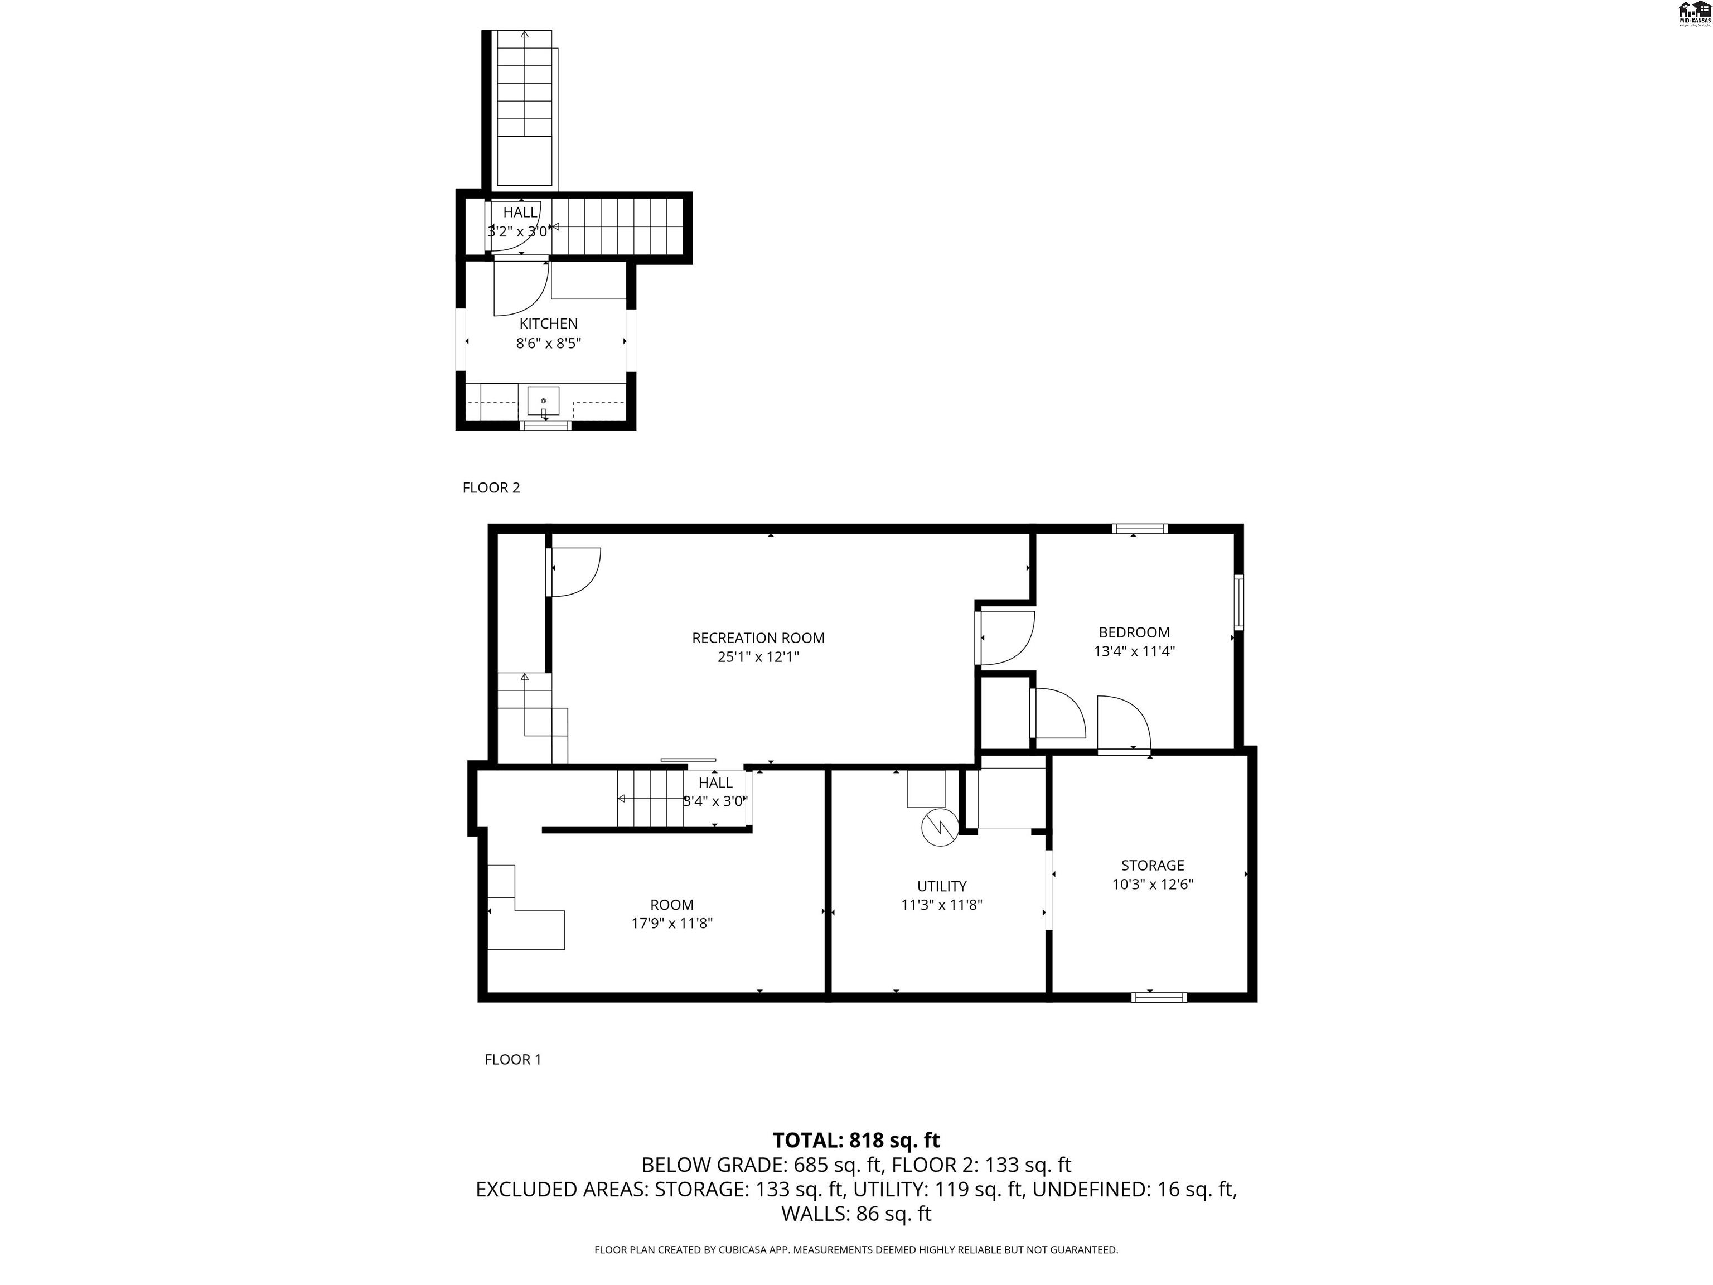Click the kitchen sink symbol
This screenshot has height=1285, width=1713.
[543, 401]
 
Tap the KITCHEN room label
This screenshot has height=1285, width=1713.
[548, 324]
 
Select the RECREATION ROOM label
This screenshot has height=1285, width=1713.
[758, 638]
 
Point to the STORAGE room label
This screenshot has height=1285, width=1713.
[1153, 865]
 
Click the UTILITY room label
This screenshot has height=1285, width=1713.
[942, 886]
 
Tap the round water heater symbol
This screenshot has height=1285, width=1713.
[940, 827]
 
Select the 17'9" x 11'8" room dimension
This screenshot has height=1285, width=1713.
[671, 923]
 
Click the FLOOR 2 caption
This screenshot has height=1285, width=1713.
[491, 488]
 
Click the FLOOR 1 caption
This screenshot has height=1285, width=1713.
[512, 1060]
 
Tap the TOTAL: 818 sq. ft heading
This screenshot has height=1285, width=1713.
[856, 1140]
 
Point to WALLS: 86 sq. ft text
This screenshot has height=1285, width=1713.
[856, 1214]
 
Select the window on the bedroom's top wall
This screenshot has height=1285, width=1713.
[1139, 529]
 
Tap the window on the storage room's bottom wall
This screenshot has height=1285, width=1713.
[1159, 997]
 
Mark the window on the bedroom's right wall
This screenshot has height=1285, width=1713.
[1238, 602]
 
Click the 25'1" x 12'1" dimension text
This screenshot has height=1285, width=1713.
[758, 658]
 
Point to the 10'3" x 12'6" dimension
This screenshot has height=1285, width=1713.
[1153, 885]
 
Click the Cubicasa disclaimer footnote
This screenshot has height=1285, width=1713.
[856, 1249]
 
